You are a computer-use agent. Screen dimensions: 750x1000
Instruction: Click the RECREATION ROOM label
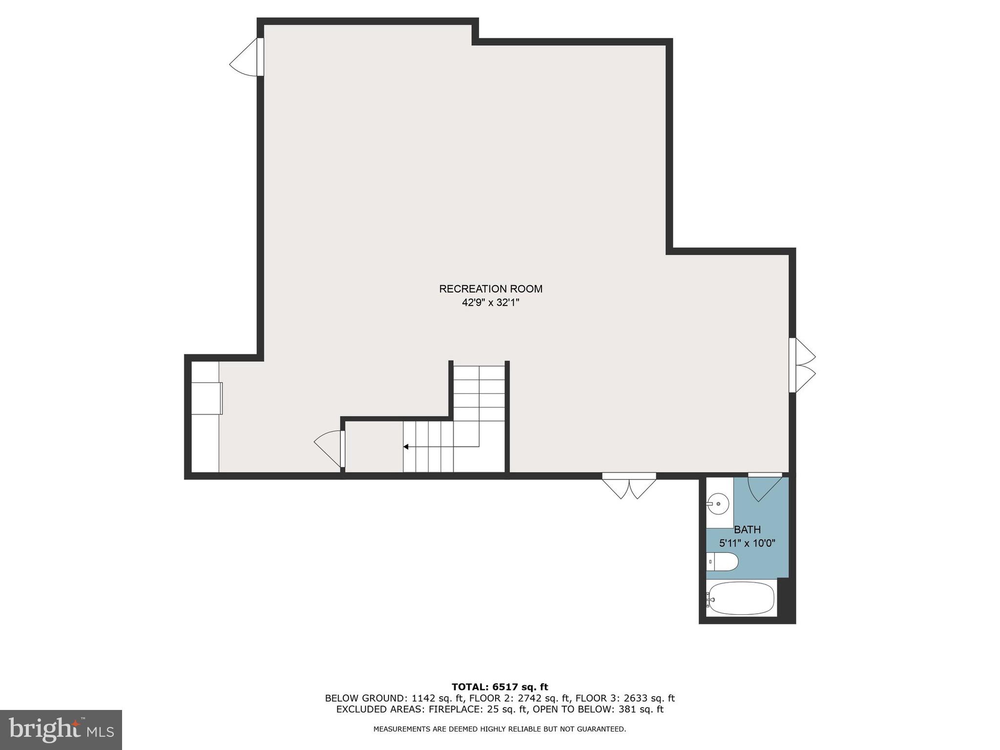490,289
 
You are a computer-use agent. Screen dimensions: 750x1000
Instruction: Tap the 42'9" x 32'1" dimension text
490,303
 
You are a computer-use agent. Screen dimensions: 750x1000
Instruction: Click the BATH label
747,529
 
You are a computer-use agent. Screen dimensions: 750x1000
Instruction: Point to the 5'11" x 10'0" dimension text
747,543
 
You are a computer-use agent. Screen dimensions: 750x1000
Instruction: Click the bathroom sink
718,503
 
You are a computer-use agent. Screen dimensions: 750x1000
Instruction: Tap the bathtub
742,599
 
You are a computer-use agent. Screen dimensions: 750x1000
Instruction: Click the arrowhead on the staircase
406,447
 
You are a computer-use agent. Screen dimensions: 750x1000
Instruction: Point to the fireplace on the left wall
207,398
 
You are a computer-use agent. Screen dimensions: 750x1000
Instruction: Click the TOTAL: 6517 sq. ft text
500,687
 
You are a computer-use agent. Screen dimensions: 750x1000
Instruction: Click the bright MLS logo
61,729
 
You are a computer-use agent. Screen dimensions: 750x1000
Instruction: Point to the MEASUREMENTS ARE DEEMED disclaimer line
500,729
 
